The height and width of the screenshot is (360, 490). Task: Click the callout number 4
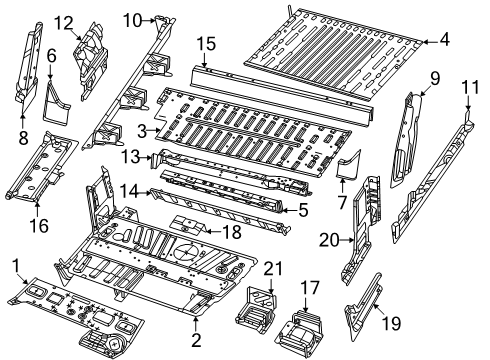(x=444, y=40)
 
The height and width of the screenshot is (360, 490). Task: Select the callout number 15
(x=206, y=43)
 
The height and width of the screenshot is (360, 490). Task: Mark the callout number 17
(x=311, y=286)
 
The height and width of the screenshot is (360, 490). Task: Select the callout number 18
(x=230, y=231)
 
